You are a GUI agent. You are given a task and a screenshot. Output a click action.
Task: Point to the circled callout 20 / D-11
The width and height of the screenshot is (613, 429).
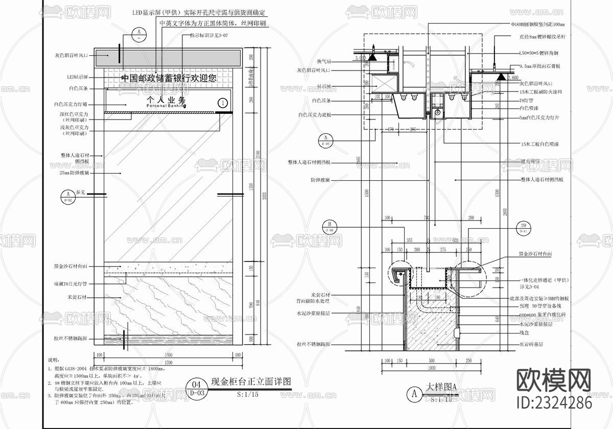pyautogui.click(x=523, y=227)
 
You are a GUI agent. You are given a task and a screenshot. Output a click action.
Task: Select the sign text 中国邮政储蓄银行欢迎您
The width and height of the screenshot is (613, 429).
pyautogui.click(x=169, y=78)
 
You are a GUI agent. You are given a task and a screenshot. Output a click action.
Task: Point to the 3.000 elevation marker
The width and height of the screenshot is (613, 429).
pyautogui.click(x=360, y=58)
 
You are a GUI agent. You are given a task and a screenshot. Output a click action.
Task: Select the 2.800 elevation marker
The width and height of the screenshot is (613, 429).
pyautogui.click(x=512, y=77)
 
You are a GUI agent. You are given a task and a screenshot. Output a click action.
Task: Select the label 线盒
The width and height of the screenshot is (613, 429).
pyautogui.click(x=524, y=332)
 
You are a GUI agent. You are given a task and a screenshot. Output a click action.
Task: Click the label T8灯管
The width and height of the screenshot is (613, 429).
pyautogui.click(x=526, y=101)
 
